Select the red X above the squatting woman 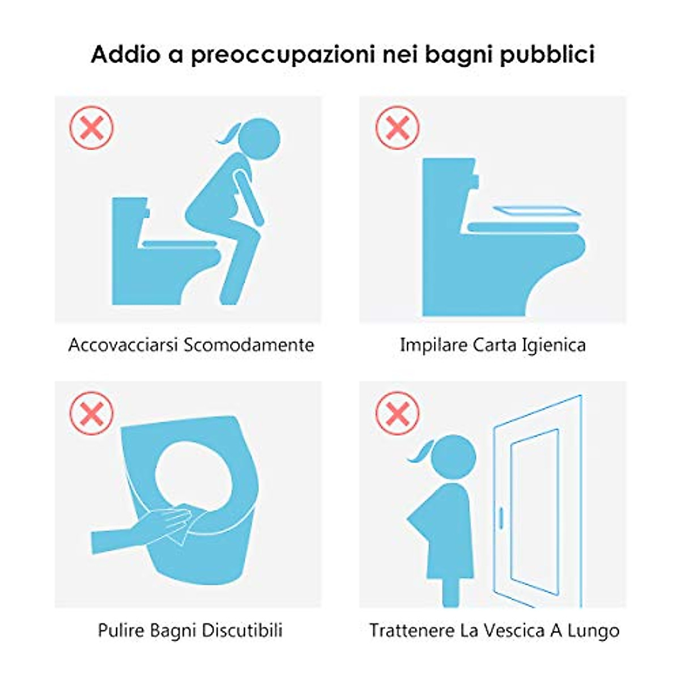[x=92, y=127]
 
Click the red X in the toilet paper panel [x=398, y=127]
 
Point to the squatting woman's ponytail [x=232, y=135]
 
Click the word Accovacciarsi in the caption [x=123, y=345]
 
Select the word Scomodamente [x=249, y=345]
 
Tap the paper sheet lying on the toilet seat [x=537, y=211]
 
